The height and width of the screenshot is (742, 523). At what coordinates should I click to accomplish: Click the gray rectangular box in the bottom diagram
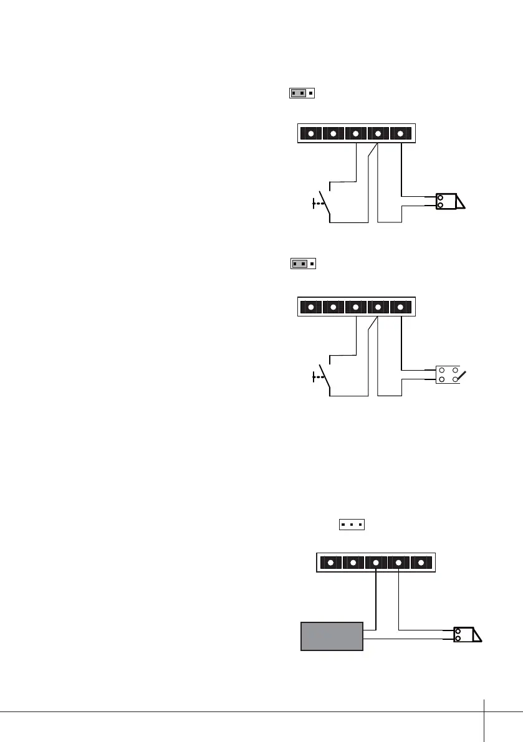332,635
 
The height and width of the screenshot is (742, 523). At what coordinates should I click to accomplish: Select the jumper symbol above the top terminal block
302,93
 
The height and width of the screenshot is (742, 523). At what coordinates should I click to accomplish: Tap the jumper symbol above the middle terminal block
304,264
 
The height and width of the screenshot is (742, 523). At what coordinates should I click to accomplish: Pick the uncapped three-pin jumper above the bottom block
352,525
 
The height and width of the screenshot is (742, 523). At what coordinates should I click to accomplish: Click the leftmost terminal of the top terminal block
311,133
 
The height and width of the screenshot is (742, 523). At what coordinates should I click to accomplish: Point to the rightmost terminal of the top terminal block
400,133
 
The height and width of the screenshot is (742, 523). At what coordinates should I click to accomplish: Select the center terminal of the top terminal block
355,133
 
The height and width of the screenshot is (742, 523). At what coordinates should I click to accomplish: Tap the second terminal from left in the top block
333,133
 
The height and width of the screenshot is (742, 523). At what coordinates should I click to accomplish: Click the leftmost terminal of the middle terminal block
311,307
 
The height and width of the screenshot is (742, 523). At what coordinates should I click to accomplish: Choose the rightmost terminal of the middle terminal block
400,307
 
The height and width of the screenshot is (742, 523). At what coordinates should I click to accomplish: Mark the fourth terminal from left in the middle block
378,307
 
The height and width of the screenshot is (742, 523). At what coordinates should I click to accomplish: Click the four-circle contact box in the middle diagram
448,374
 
